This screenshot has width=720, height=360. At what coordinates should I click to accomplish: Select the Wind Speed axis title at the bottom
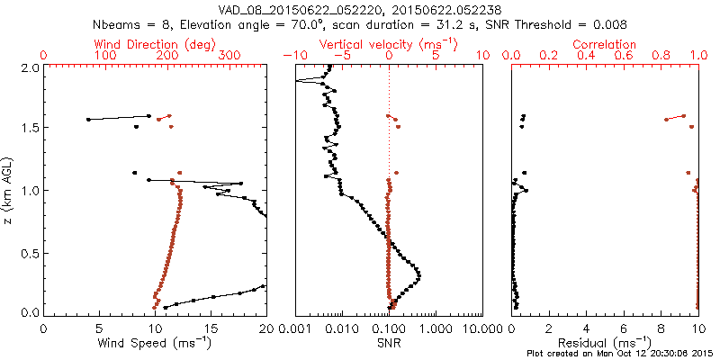click(x=156, y=343)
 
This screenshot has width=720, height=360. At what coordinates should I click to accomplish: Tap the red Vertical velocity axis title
click(x=389, y=43)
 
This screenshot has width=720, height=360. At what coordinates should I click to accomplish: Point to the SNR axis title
click(x=389, y=343)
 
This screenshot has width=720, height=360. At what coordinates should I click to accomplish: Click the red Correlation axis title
click(x=606, y=43)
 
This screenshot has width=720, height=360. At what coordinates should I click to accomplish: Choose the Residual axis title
click(x=606, y=343)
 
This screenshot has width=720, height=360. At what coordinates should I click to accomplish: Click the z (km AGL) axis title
click(x=8, y=190)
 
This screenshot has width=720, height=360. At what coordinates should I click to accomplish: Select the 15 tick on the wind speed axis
click(x=211, y=328)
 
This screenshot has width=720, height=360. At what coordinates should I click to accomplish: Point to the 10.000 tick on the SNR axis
click(x=483, y=328)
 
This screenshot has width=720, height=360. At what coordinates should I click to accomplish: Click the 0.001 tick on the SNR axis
click(x=295, y=328)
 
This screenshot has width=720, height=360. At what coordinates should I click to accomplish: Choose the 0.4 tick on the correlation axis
click(x=587, y=56)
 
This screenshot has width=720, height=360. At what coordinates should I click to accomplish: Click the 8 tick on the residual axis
click(x=661, y=328)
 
